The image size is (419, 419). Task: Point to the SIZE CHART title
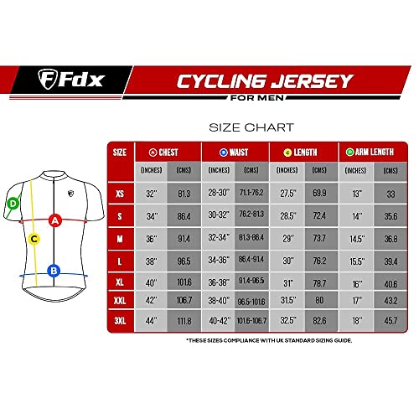250,128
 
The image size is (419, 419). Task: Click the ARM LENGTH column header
369,153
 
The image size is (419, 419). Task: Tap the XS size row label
120,194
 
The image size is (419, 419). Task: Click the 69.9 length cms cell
319,194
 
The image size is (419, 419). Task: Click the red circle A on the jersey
54,220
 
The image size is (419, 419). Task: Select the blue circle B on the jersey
53,270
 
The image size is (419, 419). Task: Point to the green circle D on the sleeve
13,203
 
